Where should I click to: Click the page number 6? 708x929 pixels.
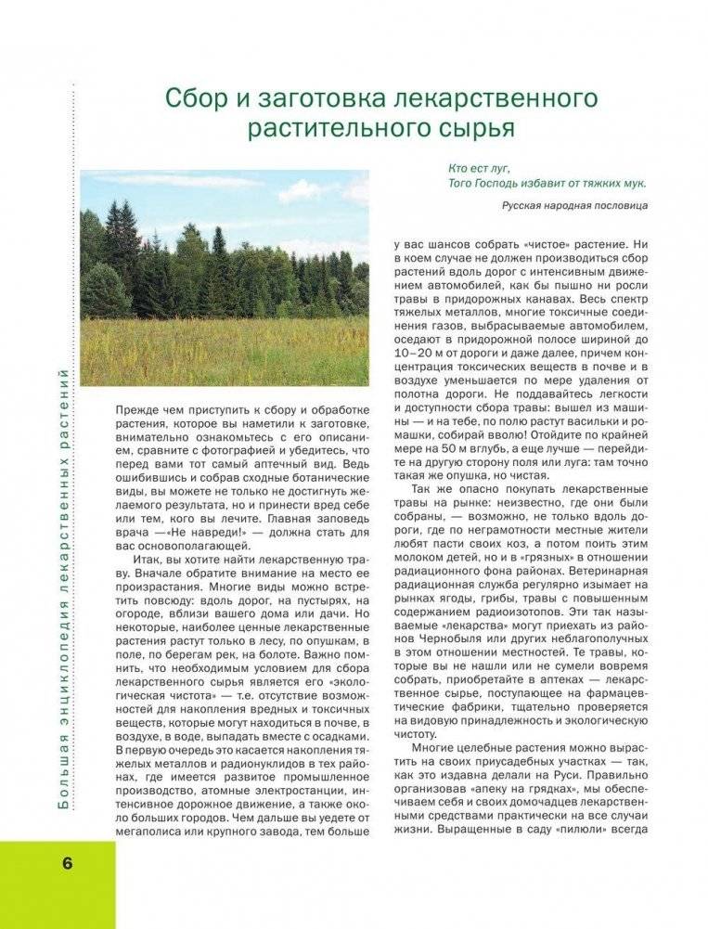[68, 862]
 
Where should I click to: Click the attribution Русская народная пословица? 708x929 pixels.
[574, 205]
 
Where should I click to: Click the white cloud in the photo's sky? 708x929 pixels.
[308, 192]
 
